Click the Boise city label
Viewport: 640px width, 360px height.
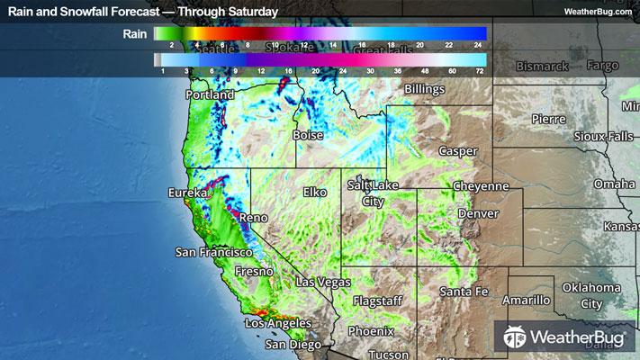[x=308, y=135]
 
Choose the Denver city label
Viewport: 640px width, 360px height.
[x=477, y=214]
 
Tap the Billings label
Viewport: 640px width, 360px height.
[x=425, y=91]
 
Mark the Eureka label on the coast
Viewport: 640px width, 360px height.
[x=186, y=193]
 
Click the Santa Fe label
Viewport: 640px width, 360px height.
[x=464, y=292]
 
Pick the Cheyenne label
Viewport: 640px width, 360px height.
[x=483, y=185]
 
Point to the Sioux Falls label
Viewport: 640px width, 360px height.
[x=580, y=136]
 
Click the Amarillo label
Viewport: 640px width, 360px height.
[x=526, y=299]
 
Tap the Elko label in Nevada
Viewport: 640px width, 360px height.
[x=315, y=192]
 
